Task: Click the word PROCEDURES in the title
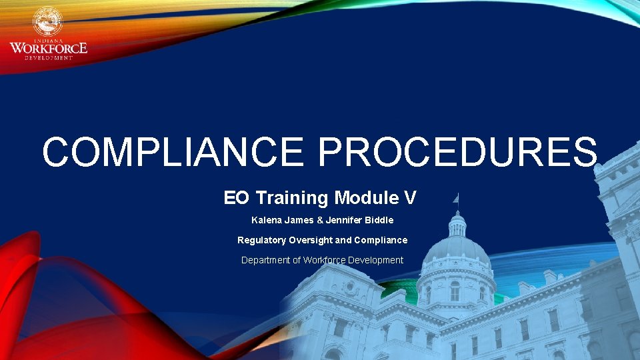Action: pos(457,152)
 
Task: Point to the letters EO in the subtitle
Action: pos(235,198)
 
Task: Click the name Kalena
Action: pos(265,220)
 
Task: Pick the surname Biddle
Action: pos(378,220)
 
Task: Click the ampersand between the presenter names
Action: pos(311,220)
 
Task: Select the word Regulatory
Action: pos(261,240)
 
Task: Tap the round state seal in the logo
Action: pos(47,21)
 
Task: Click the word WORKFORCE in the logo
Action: pos(48,48)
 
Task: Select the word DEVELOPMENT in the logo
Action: pos(49,58)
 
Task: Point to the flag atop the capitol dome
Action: pos(456,198)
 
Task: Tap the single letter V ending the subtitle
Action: pos(411,198)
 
